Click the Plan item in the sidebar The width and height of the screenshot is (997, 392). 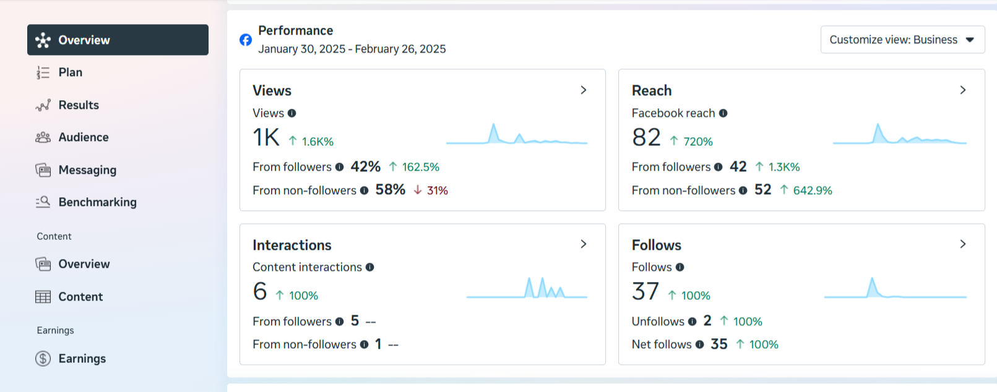point(70,72)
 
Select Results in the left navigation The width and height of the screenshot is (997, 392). point(78,105)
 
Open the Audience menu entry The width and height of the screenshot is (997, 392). point(83,137)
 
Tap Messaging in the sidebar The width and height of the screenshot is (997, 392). point(87,170)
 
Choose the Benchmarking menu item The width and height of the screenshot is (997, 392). point(97,202)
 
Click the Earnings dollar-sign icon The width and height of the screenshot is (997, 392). point(43,359)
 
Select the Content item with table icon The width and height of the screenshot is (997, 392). point(80,297)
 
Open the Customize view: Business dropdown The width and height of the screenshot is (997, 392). point(902,40)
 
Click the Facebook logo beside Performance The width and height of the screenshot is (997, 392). point(246,40)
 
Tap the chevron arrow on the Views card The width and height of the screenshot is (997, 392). point(583,90)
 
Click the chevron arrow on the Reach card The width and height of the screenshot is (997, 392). point(962,90)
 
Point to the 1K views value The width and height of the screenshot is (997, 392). point(266,137)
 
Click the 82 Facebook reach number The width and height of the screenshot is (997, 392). point(646,137)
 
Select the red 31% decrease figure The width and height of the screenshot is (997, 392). point(437,190)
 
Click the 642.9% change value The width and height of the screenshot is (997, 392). point(812,190)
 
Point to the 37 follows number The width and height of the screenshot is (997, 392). point(645,291)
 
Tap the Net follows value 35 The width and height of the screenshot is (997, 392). point(719,344)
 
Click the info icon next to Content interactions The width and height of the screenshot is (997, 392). point(369,267)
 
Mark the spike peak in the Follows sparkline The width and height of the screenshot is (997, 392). point(872,279)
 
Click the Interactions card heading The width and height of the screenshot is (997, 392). point(291,245)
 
